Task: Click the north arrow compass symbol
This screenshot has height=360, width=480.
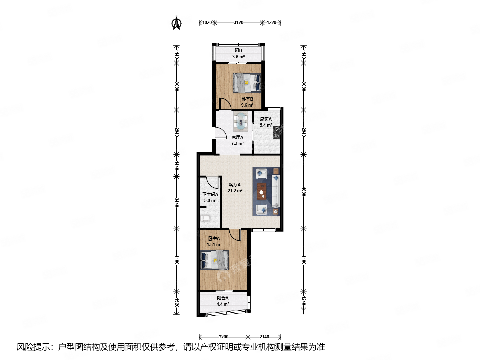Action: click(176, 23)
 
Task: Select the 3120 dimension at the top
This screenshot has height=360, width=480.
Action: click(238, 22)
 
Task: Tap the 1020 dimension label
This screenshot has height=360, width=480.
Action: click(207, 22)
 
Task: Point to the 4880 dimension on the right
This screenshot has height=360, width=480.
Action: click(304, 191)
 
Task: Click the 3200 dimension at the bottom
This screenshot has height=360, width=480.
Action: click(224, 337)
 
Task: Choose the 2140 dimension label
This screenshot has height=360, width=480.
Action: click(264, 337)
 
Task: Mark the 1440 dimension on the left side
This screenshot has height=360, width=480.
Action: click(177, 166)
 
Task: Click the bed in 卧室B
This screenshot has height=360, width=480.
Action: click(247, 82)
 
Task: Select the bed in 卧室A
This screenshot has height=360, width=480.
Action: click(215, 260)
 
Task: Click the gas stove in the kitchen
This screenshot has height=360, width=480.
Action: click(276, 132)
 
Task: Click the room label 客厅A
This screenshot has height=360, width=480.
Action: click(235, 185)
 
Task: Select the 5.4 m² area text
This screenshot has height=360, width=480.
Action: click(266, 125)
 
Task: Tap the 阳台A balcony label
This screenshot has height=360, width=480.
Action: click(223, 298)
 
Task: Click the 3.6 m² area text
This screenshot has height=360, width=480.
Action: click(238, 57)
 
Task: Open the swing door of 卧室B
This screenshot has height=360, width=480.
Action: click(225, 104)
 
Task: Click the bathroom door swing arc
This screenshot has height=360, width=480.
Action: click(212, 183)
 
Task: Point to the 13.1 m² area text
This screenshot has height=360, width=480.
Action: click(214, 244)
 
